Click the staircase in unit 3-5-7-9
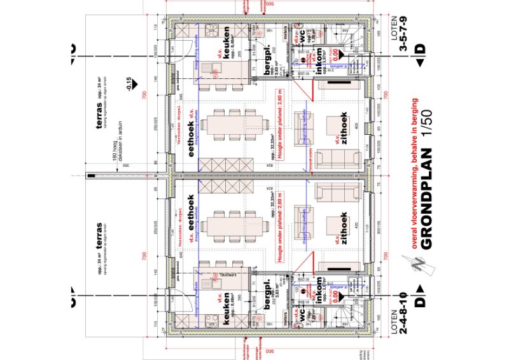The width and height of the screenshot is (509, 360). [x=349, y=41]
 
